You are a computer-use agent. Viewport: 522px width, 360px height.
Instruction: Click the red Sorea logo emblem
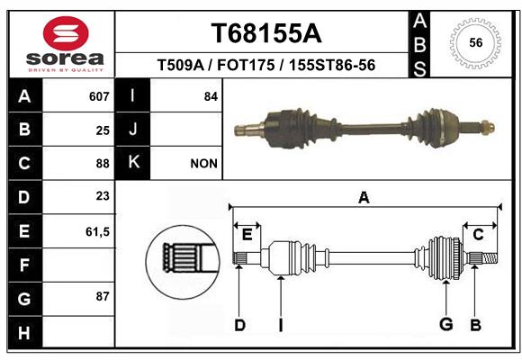[x=66, y=33]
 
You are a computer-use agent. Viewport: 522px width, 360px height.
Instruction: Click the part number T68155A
[x=266, y=33]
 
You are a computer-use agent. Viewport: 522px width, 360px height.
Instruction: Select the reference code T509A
[x=180, y=65]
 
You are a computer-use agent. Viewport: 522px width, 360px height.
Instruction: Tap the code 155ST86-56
[x=332, y=65]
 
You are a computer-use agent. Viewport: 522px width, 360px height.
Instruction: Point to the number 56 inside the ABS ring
[x=476, y=42]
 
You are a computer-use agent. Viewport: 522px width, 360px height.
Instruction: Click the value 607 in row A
[x=99, y=96]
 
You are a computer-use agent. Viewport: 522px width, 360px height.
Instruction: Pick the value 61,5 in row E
[x=97, y=231]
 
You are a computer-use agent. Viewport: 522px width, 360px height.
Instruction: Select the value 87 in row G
[x=103, y=296]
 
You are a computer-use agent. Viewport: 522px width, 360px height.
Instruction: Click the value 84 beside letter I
[x=211, y=96]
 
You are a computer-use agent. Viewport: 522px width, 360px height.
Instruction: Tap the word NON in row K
[x=203, y=164]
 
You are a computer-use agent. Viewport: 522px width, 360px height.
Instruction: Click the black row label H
[x=25, y=332]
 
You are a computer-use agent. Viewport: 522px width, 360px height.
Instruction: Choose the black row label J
[x=132, y=129]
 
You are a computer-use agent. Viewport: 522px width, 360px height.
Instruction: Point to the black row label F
[x=25, y=265]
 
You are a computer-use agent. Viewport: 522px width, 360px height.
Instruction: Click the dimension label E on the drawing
[x=247, y=235]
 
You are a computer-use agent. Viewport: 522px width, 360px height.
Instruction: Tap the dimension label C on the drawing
[x=478, y=235]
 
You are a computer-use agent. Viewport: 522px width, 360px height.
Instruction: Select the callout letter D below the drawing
[x=239, y=325]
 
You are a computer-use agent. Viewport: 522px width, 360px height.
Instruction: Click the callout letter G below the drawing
[x=446, y=324]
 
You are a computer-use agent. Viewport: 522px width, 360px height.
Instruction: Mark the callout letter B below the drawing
[x=475, y=325]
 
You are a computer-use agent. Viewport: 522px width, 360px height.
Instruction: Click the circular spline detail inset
[x=183, y=262]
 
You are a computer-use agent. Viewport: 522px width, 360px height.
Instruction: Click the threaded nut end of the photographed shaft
[x=488, y=127]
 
